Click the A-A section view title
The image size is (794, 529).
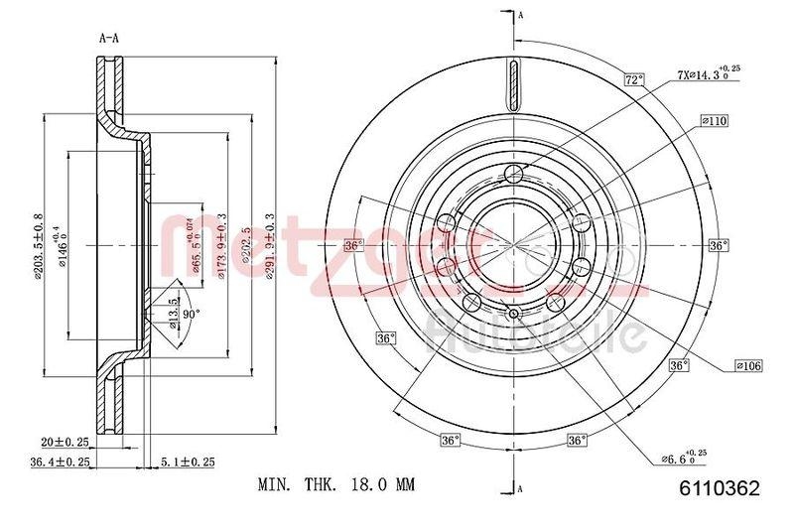click(x=109, y=40)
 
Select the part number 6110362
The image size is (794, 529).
click(x=721, y=487)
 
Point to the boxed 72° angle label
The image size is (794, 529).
click(x=635, y=79)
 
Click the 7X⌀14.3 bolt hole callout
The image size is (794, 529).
click(x=708, y=73)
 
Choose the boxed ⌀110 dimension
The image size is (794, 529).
click(x=714, y=121)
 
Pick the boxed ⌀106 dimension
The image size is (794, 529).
click(x=748, y=366)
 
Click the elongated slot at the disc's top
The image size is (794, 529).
click(x=513, y=86)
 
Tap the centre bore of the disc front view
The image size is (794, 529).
click(x=513, y=243)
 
